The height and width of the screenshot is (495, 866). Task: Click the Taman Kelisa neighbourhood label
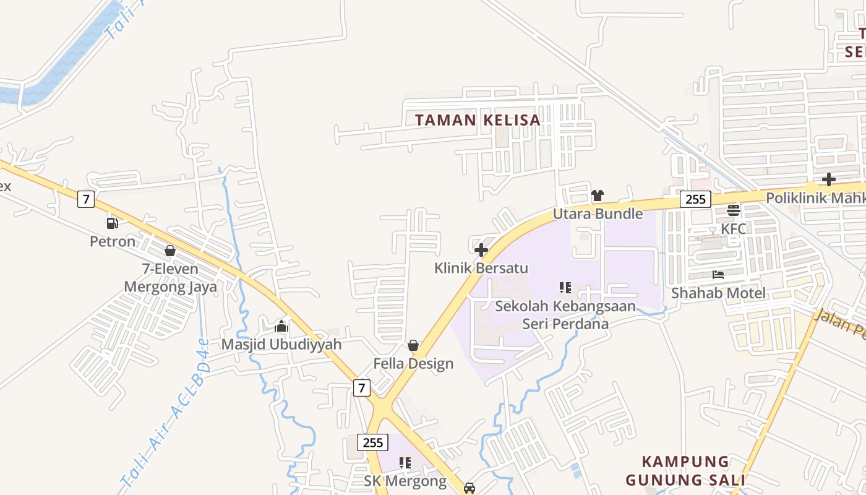[478, 120]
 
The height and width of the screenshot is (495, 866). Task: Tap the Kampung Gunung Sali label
[685, 471]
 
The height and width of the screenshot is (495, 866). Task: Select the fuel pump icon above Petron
[112, 223]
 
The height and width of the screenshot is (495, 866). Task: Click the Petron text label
[113, 241]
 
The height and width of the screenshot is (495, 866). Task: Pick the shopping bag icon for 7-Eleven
[170, 251]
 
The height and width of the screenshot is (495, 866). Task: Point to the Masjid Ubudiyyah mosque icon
[281, 326]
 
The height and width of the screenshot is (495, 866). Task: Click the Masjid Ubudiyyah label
[281, 344]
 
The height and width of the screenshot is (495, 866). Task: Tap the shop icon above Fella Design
[413, 345]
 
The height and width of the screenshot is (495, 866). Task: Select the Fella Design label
[413, 363]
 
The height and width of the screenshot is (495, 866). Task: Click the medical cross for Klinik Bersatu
[481, 250]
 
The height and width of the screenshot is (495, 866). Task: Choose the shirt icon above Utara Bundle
[597, 196]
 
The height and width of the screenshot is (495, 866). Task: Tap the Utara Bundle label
[598, 214]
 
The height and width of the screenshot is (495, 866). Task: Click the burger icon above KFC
[734, 210]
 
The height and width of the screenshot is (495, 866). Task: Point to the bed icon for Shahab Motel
[718, 275]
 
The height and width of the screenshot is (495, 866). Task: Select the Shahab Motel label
[718, 293]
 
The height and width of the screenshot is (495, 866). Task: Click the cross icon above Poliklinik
[828, 179]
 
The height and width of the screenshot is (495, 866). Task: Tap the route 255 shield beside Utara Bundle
[695, 199]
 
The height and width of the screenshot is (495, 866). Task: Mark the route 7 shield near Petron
[86, 199]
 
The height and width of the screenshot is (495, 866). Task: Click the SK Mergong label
[405, 481]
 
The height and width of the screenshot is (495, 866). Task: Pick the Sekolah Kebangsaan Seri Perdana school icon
[565, 287]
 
